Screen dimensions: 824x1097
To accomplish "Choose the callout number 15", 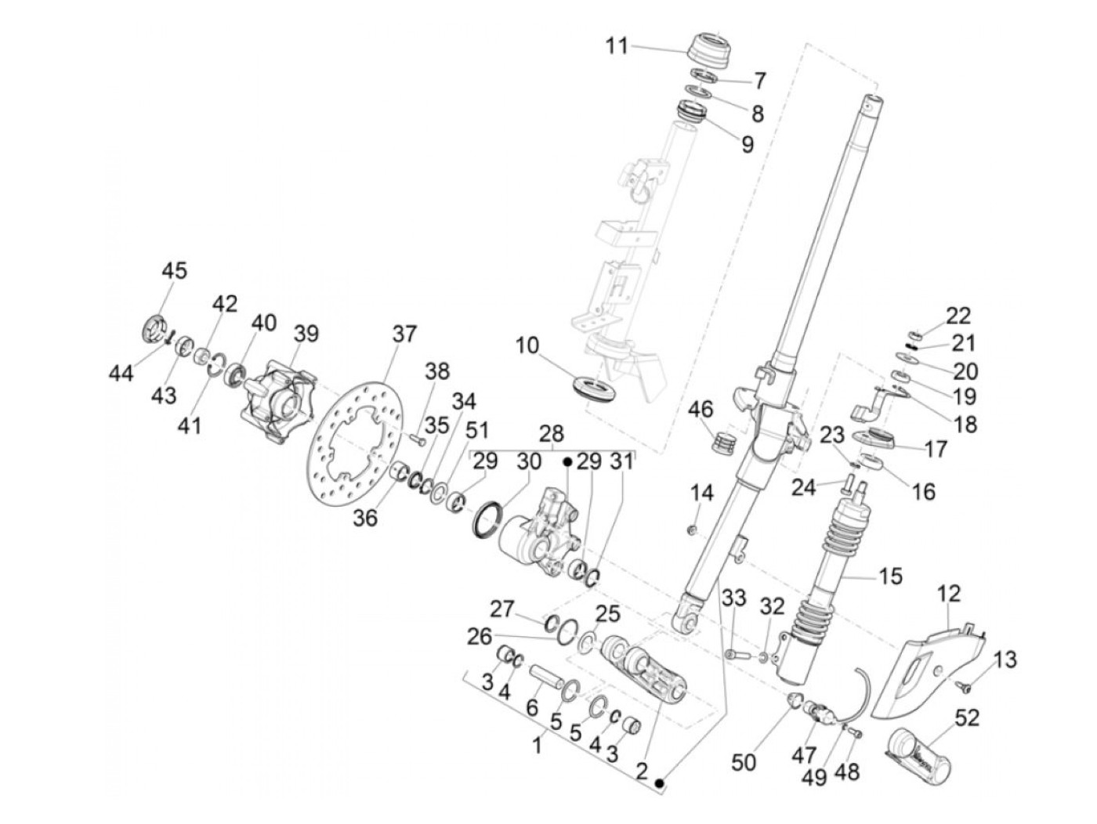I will [x=891, y=577].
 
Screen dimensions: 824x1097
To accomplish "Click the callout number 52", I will [x=968, y=717].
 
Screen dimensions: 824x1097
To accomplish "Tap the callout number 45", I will [x=174, y=271].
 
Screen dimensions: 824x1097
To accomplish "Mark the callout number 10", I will [x=527, y=345].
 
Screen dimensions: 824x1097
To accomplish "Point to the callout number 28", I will [x=552, y=433].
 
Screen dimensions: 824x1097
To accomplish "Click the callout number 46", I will [x=701, y=409].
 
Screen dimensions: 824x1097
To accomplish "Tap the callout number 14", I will [x=702, y=493].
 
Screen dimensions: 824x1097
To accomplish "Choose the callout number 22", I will [x=958, y=316].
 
